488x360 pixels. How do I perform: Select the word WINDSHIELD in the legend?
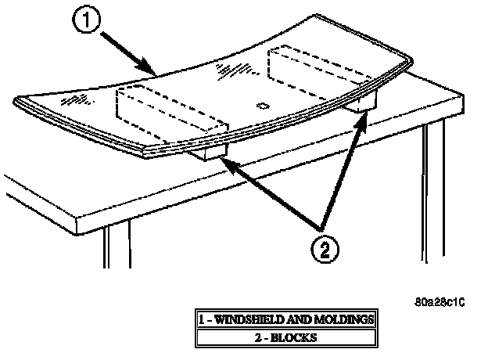coord(246,319)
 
